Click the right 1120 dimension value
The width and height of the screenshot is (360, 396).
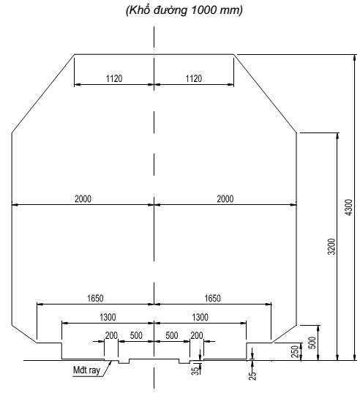[x=193, y=78]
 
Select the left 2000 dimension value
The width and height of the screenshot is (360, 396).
[x=82, y=199]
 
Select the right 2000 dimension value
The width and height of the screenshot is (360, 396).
[x=225, y=199]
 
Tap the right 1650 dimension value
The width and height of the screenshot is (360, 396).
[x=212, y=298]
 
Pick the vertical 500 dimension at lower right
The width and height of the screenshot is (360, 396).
[x=312, y=342]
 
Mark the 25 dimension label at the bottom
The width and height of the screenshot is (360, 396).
[x=253, y=374]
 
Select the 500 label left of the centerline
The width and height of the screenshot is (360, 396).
[x=136, y=335]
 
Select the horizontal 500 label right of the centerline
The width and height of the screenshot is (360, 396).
[x=172, y=335]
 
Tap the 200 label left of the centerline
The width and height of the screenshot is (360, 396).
[x=111, y=335]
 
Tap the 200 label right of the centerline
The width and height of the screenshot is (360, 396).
[x=197, y=335]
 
